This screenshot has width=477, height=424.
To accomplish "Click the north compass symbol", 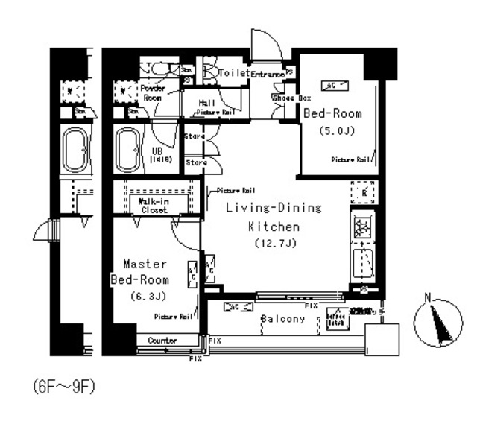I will point(437,323).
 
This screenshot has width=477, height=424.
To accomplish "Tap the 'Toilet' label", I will point(233,73).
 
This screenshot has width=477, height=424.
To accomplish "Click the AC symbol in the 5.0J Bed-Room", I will point(330,85).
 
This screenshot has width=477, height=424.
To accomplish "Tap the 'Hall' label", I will point(207,102).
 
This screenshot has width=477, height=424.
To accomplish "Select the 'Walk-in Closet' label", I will point(153,206).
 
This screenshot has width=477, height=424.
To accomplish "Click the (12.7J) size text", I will point(264,244).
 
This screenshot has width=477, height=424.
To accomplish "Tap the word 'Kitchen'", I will point(274,227).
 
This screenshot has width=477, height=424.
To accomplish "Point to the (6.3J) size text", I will point(143,296).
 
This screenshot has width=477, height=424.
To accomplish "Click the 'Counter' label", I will point(162,341).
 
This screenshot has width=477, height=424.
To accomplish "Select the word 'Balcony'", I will point(282,319).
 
